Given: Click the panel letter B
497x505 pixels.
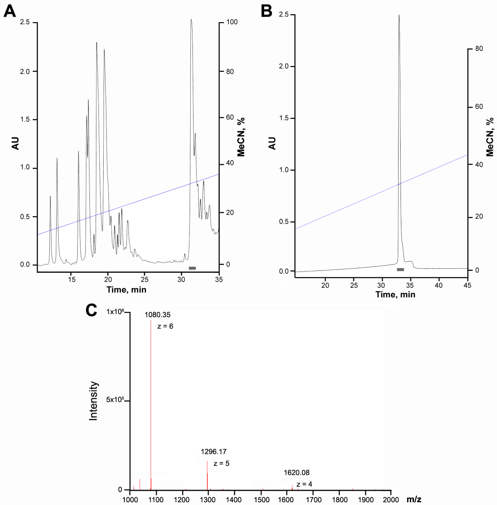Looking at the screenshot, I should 266,12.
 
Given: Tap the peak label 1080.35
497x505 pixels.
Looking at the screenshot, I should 157,315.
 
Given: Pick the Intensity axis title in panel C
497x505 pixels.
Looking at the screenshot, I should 93,401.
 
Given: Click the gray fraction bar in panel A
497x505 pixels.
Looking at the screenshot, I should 192,268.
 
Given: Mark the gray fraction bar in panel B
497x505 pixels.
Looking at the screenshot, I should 400,269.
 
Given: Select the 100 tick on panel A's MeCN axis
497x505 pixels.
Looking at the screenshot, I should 232,22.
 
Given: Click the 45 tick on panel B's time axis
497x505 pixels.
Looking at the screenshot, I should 467,285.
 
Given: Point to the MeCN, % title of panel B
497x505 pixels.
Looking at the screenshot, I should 490,137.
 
